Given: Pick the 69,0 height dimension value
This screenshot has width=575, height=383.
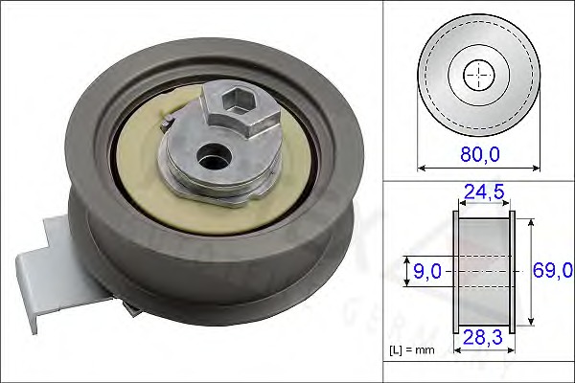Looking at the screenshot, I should pos(551,272).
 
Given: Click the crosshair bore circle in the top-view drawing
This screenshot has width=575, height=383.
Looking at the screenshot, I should pos(479,75).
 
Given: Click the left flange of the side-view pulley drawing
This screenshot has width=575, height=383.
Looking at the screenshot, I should pos(456,272).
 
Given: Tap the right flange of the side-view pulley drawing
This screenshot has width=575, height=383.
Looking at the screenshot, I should pos(513,272).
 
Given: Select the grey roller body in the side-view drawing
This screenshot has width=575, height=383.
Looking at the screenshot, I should pos(485,249).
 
